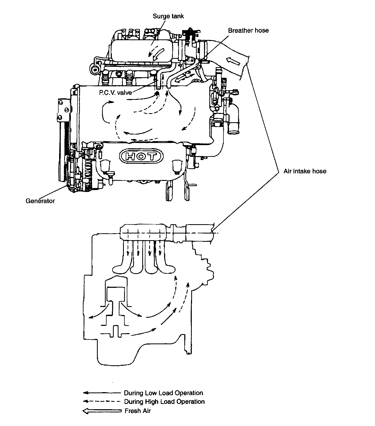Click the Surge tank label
coord(168,16)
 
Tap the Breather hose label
coord(248,31)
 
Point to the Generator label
coord(40,201)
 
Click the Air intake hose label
coord(305,171)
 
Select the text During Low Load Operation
coord(164,393)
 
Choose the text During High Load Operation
coord(164,402)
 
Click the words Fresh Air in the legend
coord(138,411)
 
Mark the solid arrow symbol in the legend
coord(102,393)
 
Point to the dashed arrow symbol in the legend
coord(102,401)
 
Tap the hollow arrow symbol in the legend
coord(102,411)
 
